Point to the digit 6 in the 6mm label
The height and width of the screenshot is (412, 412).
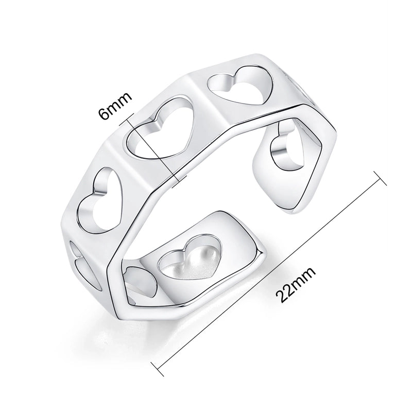[107, 115]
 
